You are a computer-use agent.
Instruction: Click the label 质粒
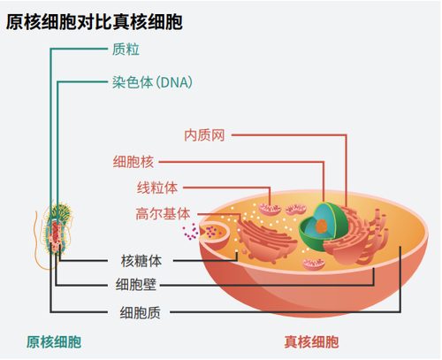(126, 50)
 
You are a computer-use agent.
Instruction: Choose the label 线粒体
(157, 188)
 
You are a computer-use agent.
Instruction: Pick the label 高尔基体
(163, 213)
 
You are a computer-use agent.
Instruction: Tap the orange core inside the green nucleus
(322, 226)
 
